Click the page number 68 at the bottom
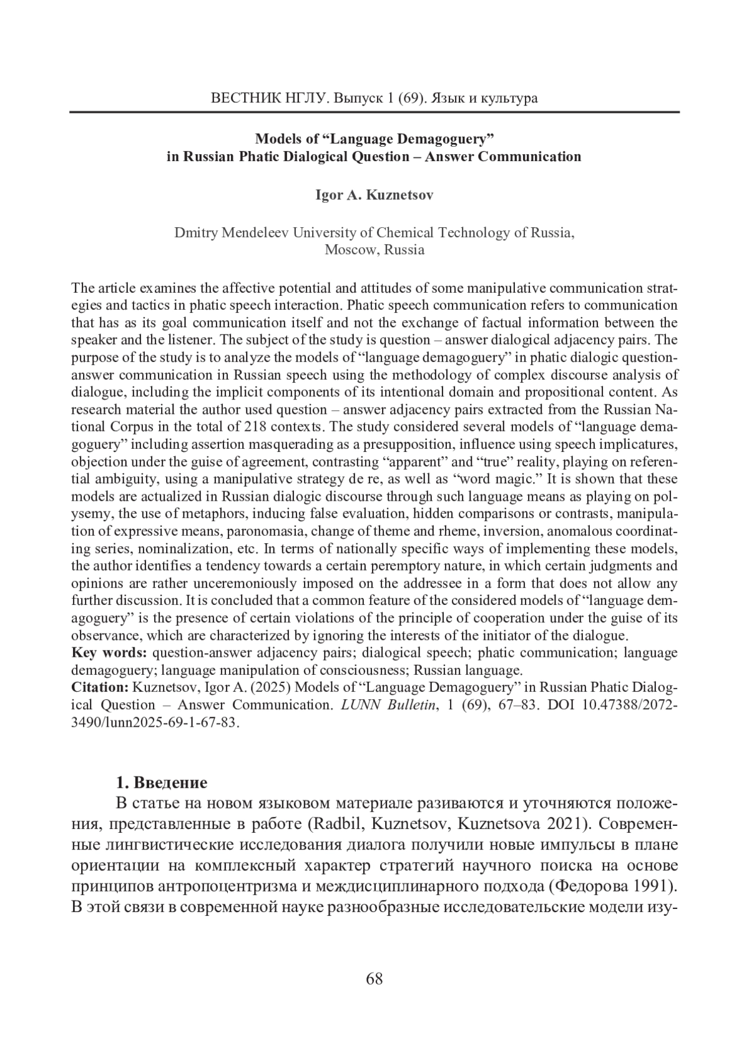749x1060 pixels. tap(374, 978)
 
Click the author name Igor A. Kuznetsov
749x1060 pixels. tap(374, 195)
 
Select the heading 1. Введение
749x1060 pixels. tap(162, 783)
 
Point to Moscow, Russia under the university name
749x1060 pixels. tap(374, 250)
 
